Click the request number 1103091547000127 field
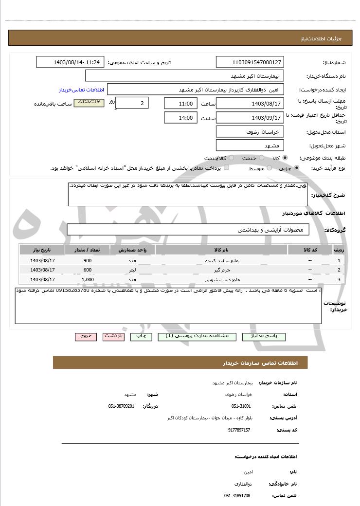pos(250,62)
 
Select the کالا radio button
pos(285,158)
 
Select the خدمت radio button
pos(261,158)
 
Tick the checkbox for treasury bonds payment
pos(226,168)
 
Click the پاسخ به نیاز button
pos(264,336)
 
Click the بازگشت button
pos(114,336)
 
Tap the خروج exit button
pos(86,336)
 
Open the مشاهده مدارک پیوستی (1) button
pos(197,336)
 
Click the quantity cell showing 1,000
pos(88,279)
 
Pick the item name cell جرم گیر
pos(221,270)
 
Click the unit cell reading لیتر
pos(132,270)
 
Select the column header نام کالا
pos(221,250)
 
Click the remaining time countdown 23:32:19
pos(89,102)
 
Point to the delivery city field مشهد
pos(250,145)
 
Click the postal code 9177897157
pos(239,430)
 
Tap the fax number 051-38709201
pos(121,406)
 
